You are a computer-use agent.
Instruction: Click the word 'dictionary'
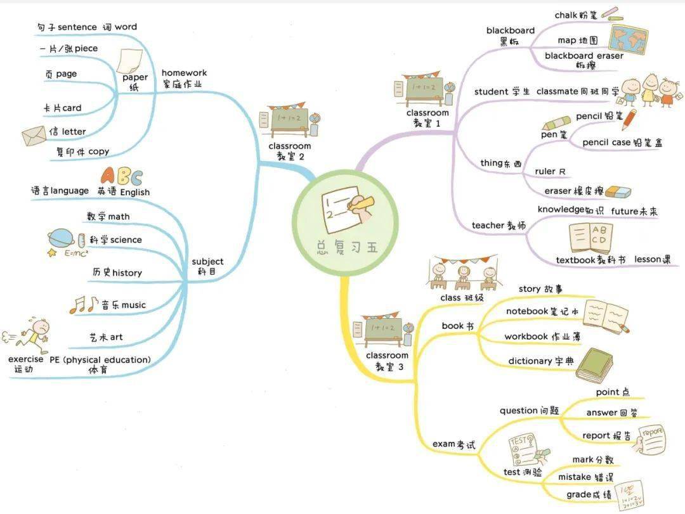pyautogui.click(x=530, y=361)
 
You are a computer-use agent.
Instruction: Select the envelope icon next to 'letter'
pyautogui.click(x=34, y=136)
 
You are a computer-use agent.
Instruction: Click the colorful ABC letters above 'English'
pyautogui.click(x=122, y=176)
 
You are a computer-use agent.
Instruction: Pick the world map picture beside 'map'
pyautogui.click(x=627, y=39)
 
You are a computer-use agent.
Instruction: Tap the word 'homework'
pyautogui.click(x=184, y=73)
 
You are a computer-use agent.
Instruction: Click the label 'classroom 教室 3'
pyautogui.click(x=387, y=361)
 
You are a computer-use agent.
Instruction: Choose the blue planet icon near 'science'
pyautogui.click(x=61, y=238)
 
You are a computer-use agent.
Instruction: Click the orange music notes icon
pyautogui.click(x=84, y=305)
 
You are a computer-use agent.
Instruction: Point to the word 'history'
pyautogui.click(x=127, y=273)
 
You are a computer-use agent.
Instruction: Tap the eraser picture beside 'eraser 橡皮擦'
pyautogui.click(x=617, y=191)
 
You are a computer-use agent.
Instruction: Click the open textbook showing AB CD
pyautogui.click(x=590, y=238)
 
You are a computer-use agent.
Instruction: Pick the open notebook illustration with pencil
pyautogui.click(x=605, y=316)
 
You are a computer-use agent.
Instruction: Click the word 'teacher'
pyautogui.click(x=487, y=225)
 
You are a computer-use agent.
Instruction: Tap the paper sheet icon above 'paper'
pyautogui.click(x=130, y=60)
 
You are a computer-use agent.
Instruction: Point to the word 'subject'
pyautogui.click(x=207, y=261)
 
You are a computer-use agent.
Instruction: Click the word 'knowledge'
pyautogui.click(x=561, y=209)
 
